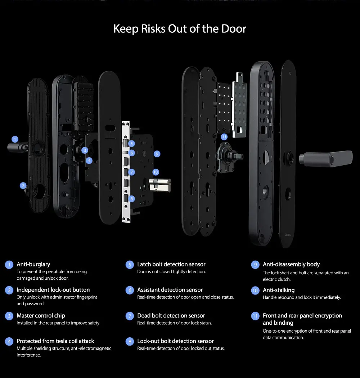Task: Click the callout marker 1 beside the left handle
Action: click(15, 139)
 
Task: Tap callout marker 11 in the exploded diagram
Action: click(224, 137)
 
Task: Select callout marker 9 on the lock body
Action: click(157, 154)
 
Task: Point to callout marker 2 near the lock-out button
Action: click(23, 185)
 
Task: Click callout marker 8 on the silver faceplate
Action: click(131, 199)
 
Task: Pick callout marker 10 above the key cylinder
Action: click(156, 172)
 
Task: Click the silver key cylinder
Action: click(160, 185)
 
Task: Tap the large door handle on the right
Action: click(326, 158)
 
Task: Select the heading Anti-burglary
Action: click(33, 264)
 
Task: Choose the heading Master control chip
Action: click(41, 316)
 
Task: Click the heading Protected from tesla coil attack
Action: click(55, 341)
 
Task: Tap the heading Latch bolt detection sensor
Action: click(171, 264)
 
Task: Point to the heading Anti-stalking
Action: click(279, 290)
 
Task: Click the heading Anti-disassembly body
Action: click(291, 265)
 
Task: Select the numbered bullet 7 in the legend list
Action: click(130, 316)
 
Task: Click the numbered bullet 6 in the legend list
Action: click(130, 290)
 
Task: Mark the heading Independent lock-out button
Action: click(53, 290)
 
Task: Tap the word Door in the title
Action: click(234, 29)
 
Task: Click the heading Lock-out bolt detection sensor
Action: click(175, 341)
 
